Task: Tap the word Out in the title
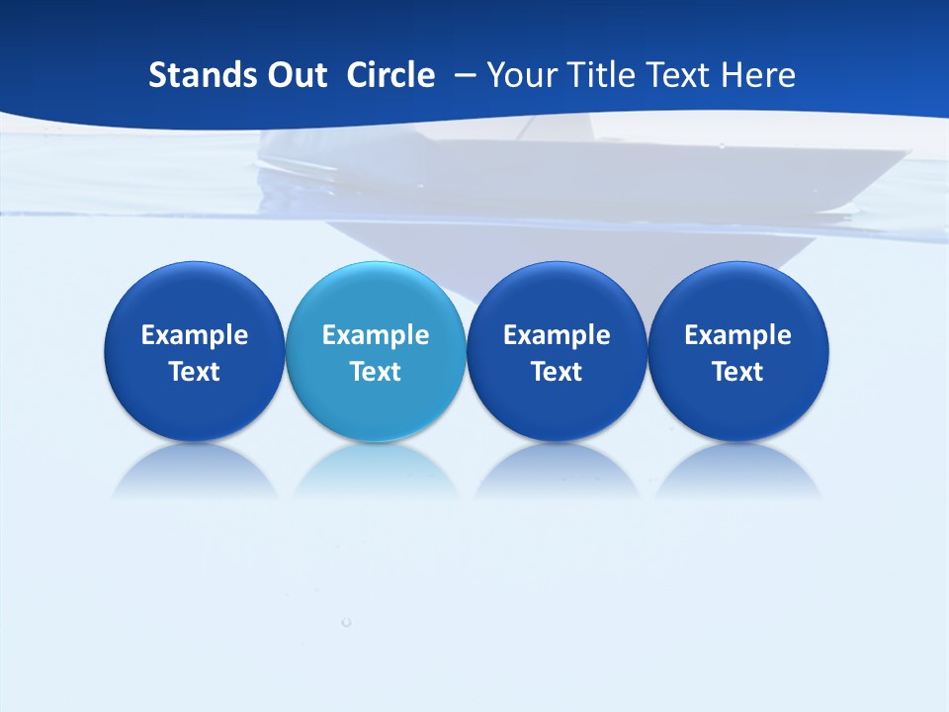295,75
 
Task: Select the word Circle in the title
390,75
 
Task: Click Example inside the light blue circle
375,335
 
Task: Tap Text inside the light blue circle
375,372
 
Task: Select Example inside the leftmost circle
194,335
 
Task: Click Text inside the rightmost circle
737,372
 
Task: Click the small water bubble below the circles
346,622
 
